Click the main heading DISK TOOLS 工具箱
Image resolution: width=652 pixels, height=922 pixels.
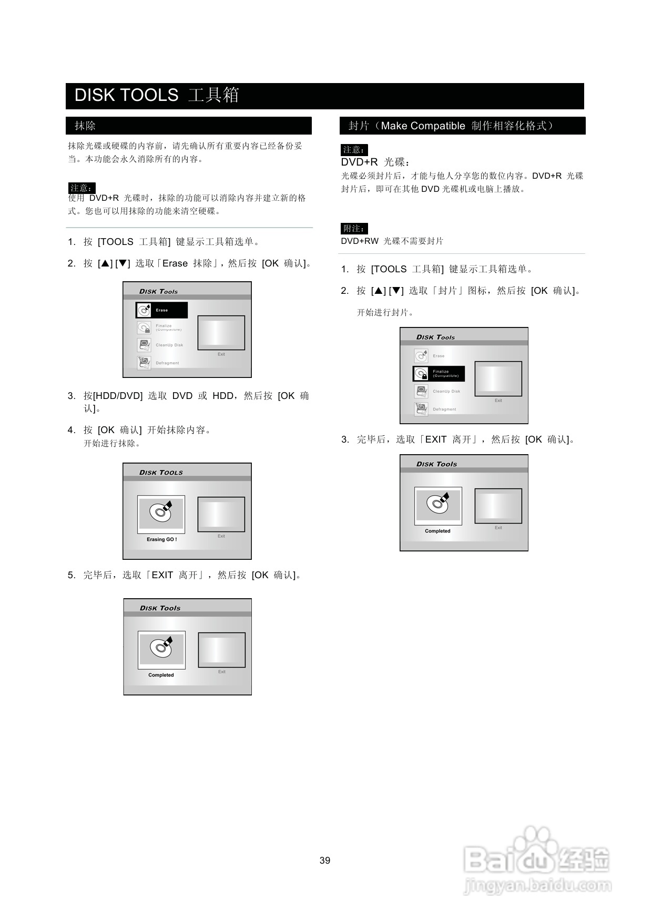pyautogui.click(x=157, y=96)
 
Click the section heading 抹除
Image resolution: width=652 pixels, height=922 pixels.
pyautogui.click(x=85, y=126)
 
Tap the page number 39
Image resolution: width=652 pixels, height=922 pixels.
pyautogui.click(x=325, y=860)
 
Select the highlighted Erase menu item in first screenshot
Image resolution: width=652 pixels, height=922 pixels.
pyautogui.click(x=161, y=310)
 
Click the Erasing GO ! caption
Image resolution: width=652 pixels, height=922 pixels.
pyautogui.click(x=161, y=539)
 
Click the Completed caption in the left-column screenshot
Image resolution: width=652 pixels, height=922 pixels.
pyautogui.click(x=161, y=675)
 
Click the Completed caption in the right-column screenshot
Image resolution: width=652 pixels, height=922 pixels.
pyautogui.click(x=437, y=531)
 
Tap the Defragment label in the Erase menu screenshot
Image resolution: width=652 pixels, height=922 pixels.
pyautogui.click(x=167, y=363)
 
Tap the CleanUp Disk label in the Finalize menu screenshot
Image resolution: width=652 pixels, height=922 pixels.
pyautogui.click(x=446, y=391)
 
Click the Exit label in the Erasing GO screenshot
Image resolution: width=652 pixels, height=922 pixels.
pyautogui.click(x=221, y=536)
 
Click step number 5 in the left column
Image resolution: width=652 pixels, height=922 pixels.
pyautogui.click(x=71, y=575)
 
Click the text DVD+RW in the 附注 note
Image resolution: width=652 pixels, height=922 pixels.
pyautogui.click(x=360, y=241)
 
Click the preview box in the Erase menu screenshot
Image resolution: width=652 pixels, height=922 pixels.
pyautogui.click(x=221, y=333)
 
